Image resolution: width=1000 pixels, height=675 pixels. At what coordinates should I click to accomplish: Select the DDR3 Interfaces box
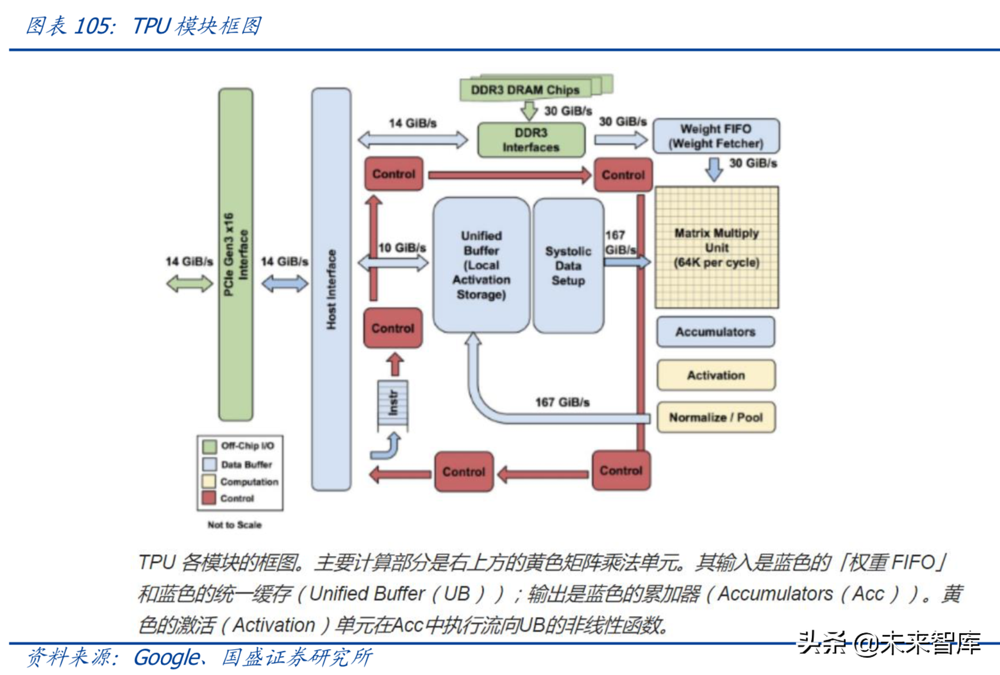pyautogui.click(x=531, y=140)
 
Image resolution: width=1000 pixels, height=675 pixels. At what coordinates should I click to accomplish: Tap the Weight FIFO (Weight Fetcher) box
pyautogui.click(x=716, y=136)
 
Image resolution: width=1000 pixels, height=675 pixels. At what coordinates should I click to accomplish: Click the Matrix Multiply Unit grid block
pyautogui.click(x=717, y=248)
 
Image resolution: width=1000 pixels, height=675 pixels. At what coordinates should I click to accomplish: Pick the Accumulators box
pyautogui.click(x=716, y=332)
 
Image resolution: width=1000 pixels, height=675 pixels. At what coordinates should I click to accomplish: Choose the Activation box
pyautogui.click(x=716, y=375)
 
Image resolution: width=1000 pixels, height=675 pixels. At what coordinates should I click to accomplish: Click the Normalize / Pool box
pyautogui.click(x=716, y=417)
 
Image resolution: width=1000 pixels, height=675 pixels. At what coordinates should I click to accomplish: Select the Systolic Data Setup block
pyautogui.click(x=568, y=266)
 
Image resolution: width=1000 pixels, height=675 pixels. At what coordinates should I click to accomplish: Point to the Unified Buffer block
pyautogui.click(x=481, y=265)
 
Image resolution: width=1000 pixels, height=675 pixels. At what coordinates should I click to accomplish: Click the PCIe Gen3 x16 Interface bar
pyautogui.click(x=236, y=254)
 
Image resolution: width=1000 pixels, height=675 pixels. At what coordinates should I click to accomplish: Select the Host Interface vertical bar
pyautogui.click(x=331, y=289)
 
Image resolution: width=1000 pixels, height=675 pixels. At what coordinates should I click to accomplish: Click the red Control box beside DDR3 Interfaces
pyautogui.click(x=394, y=174)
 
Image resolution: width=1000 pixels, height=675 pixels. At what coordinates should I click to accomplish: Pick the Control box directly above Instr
pyautogui.click(x=393, y=328)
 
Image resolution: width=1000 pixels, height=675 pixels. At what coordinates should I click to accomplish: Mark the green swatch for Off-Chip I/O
pyautogui.click(x=209, y=446)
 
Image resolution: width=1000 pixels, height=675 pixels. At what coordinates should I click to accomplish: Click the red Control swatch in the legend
pyautogui.click(x=209, y=498)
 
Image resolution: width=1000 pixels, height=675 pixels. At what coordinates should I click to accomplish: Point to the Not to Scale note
pyautogui.click(x=234, y=525)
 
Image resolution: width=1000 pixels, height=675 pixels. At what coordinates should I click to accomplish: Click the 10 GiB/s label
pyautogui.click(x=402, y=248)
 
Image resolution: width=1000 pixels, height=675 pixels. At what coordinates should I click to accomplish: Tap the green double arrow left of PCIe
pyautogui.click(x=189, y=283)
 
